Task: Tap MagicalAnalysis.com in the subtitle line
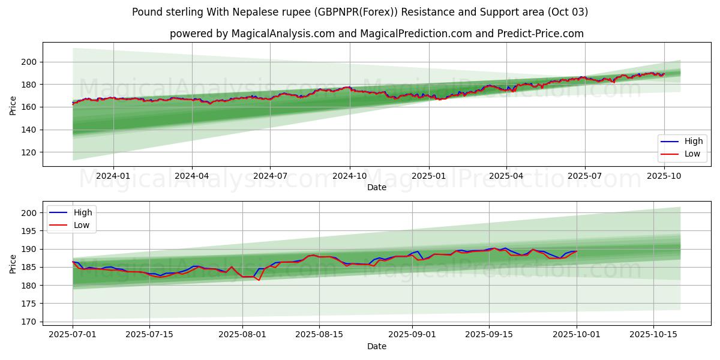[282, 34]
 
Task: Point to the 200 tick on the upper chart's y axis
[29, 62]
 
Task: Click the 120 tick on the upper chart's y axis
[29, 152]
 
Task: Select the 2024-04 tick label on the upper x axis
[192, 176]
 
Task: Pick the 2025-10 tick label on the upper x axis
[664, 176]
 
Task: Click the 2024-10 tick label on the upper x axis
[350, 176]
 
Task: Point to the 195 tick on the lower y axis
[29, 231]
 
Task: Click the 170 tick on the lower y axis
[29, 322]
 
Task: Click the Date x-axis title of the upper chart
[377, 187]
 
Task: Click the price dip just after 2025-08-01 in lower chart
[259, 280]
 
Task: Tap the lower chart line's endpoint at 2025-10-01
[577, 251]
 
